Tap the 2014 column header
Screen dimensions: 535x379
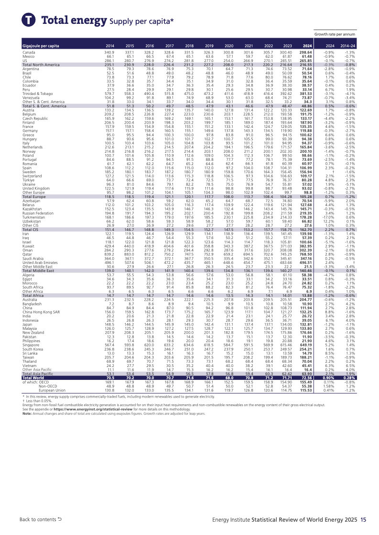tap(109, 46)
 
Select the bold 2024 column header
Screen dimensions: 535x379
tap(307, 46)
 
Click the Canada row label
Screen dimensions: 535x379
tap(29, 52)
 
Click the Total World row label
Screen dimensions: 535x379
tap(33, 364)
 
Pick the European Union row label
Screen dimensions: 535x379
tap(52, 377)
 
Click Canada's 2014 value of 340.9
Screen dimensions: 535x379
tap(109, 52)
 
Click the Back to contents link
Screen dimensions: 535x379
tap(41, 519)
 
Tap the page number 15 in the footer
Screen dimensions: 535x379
tap(363, 519)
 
